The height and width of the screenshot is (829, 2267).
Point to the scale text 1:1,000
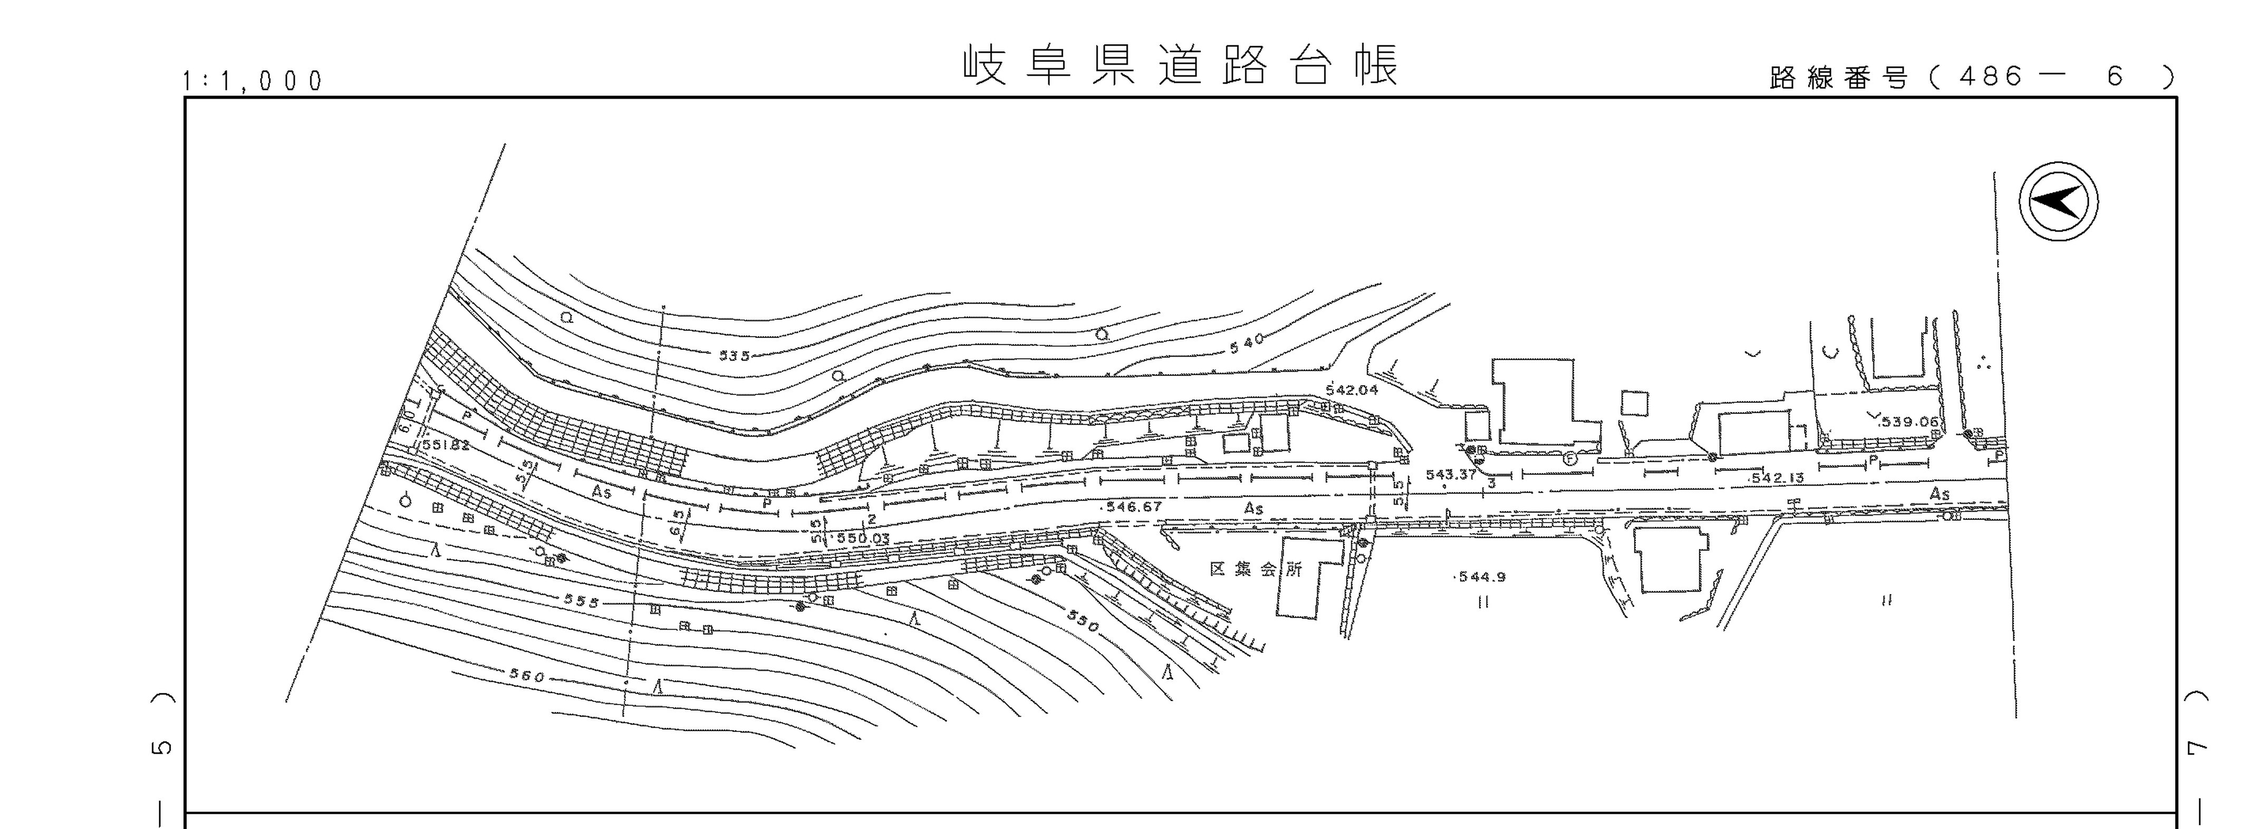253,82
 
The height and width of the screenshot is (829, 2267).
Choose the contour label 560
527,677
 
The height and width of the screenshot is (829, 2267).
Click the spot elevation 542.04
1351,390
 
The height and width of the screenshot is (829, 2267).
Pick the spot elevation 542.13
1777,478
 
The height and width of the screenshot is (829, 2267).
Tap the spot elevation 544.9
1481,577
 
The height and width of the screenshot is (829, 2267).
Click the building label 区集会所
1255,570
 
